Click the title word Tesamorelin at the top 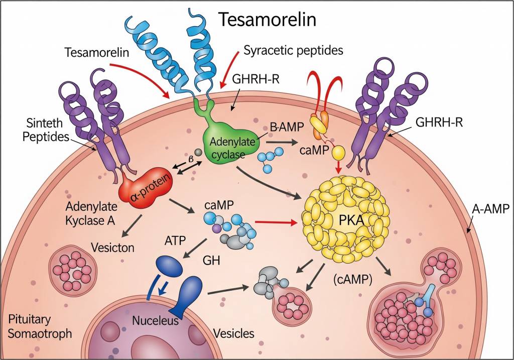(x=267, y=20)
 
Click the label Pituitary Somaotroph (x=40, y=326)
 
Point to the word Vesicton (x=113, y=247)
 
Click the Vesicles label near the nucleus (x=234, y=333)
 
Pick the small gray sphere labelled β (x=198, y=152)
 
